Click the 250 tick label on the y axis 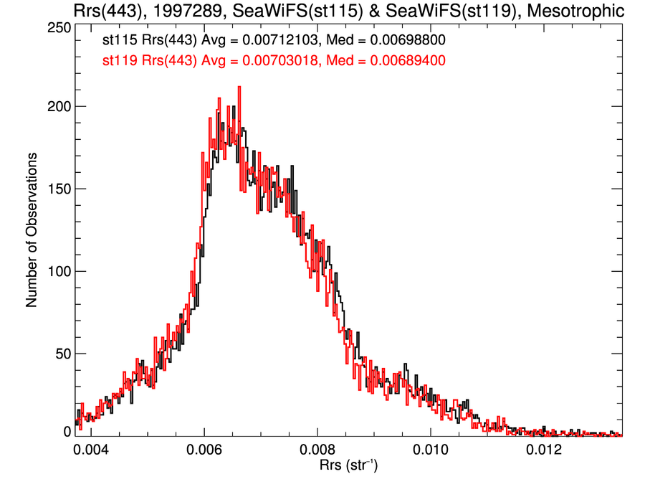click(x=57, y=27)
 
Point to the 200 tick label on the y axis click(x=57, y=106)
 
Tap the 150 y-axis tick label click(x=57, y=189)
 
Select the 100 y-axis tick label click(x=57, y=271)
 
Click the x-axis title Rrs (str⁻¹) click(x=348, y=467)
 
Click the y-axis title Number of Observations click(x=32, y=229)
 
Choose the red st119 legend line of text click(x=274, y=61)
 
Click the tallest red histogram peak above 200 click(x=239, y=88)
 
